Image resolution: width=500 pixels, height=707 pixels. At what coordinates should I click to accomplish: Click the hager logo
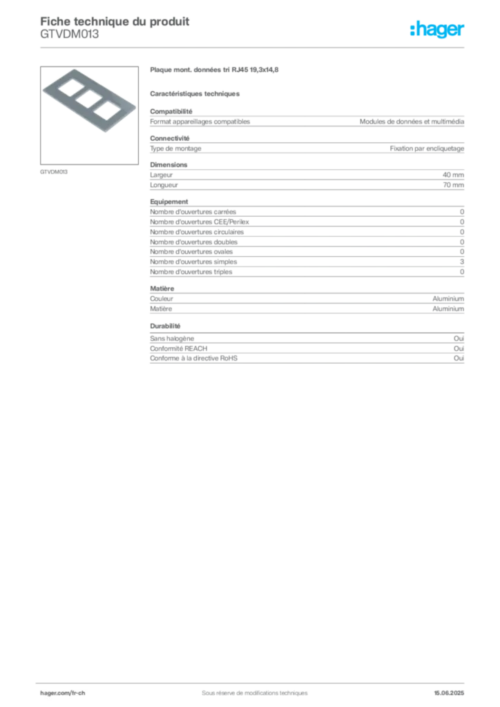(x=436, y=29)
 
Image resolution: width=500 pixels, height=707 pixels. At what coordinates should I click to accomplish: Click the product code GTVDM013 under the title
(x=70, y=35)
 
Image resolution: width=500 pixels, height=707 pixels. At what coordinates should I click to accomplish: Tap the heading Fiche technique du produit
(x=115, y=21)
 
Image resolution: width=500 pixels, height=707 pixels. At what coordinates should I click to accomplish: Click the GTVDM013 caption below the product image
(x=54, y=172)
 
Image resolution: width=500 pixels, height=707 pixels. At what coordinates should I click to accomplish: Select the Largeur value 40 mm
(x=453, y=175)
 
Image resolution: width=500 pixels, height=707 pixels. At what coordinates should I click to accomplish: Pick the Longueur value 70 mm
(x=453, y=185)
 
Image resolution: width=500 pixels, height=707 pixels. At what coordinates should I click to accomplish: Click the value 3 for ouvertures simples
(x=462, y=262)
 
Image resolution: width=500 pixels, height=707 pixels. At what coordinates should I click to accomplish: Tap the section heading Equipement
(x=169, y=202)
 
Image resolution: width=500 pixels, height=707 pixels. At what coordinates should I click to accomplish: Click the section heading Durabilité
(x=165, y=326)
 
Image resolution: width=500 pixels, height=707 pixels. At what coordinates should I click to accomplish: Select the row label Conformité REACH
(x=179, y=349)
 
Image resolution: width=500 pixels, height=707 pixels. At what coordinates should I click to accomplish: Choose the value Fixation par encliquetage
(x=427, y=148)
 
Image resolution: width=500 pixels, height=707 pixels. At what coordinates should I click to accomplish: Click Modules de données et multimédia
(x=412, y=122)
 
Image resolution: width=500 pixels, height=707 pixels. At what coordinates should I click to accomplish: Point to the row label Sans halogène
(x=172, y=338)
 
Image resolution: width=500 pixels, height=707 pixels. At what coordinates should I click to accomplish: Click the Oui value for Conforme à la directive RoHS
(x=459, y=358)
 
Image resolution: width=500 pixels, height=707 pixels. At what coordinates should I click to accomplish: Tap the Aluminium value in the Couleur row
(x=448, y=298)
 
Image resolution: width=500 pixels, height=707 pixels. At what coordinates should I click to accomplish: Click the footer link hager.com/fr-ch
(x=63, y=693)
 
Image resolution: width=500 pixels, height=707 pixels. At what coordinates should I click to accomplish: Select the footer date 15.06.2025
(x=449, y=693)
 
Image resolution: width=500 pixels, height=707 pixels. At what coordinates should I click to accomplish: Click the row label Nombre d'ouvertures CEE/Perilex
(x=200, y=222)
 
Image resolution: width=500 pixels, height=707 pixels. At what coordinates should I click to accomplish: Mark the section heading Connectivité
(x=169, y=138)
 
